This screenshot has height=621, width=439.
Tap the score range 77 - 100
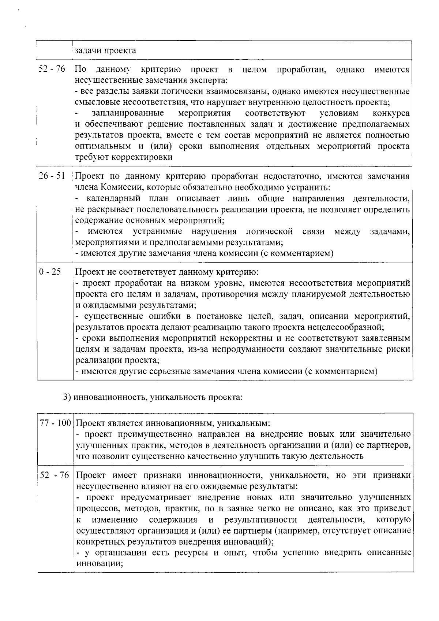tap(55, 424)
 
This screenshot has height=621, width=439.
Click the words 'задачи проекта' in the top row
tap(105, 50)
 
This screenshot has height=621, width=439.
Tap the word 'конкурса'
tap(391, 113)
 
